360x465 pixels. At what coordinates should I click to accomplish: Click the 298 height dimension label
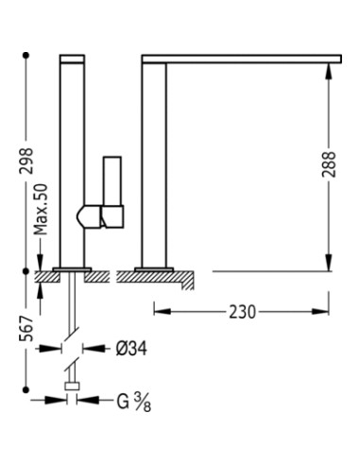tap(26, 161)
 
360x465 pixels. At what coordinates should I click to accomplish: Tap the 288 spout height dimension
tap(329, 164)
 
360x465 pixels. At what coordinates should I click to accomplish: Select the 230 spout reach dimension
tap(242, 312)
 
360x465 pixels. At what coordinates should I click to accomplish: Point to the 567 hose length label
tap(26, 328)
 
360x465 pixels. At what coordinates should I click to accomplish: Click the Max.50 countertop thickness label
tap(41, 210)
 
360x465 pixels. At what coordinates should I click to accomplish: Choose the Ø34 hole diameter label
tap(131, 349)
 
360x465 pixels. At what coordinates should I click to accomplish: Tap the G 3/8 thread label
tap(134, 402)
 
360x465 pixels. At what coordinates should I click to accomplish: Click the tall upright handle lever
tap(112, 181)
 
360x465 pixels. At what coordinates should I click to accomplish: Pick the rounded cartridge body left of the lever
tap(89, 216)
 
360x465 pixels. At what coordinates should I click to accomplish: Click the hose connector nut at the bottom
tap(72, 386)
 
